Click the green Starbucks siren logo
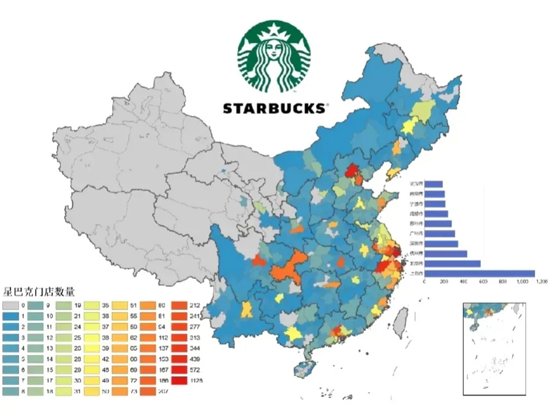(274, 57)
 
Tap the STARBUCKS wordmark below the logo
(274, 108)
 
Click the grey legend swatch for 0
(10, 306)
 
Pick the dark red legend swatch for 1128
(179, 381)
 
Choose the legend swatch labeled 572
(179, 370)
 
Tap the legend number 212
(195, 306)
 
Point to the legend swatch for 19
(64, 306)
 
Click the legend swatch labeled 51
(120, 306)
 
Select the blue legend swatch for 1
(10, 316)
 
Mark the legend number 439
(195, 359)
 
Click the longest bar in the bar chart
(480, 273)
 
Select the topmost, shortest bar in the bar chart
(434, 184)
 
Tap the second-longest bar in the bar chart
(453, 264)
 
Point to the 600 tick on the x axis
(483, 282)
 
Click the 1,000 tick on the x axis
(522, 282)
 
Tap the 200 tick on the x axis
(444, 282)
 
